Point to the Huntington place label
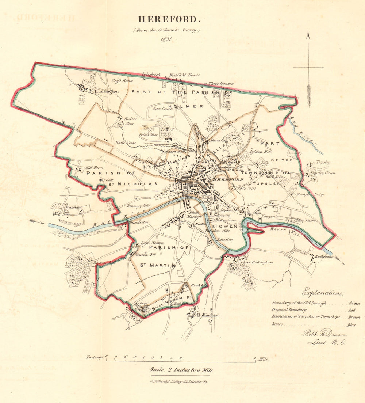[x=106, y=92]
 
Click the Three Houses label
[x=220, y=84]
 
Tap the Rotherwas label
[x=324, y=256]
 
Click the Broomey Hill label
[x=139, y=206]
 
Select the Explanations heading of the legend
[x=323, y=293]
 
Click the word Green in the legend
[x=354, y=303]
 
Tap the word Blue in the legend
[x=355, y=324]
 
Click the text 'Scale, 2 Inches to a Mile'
[x=182, y=370]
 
